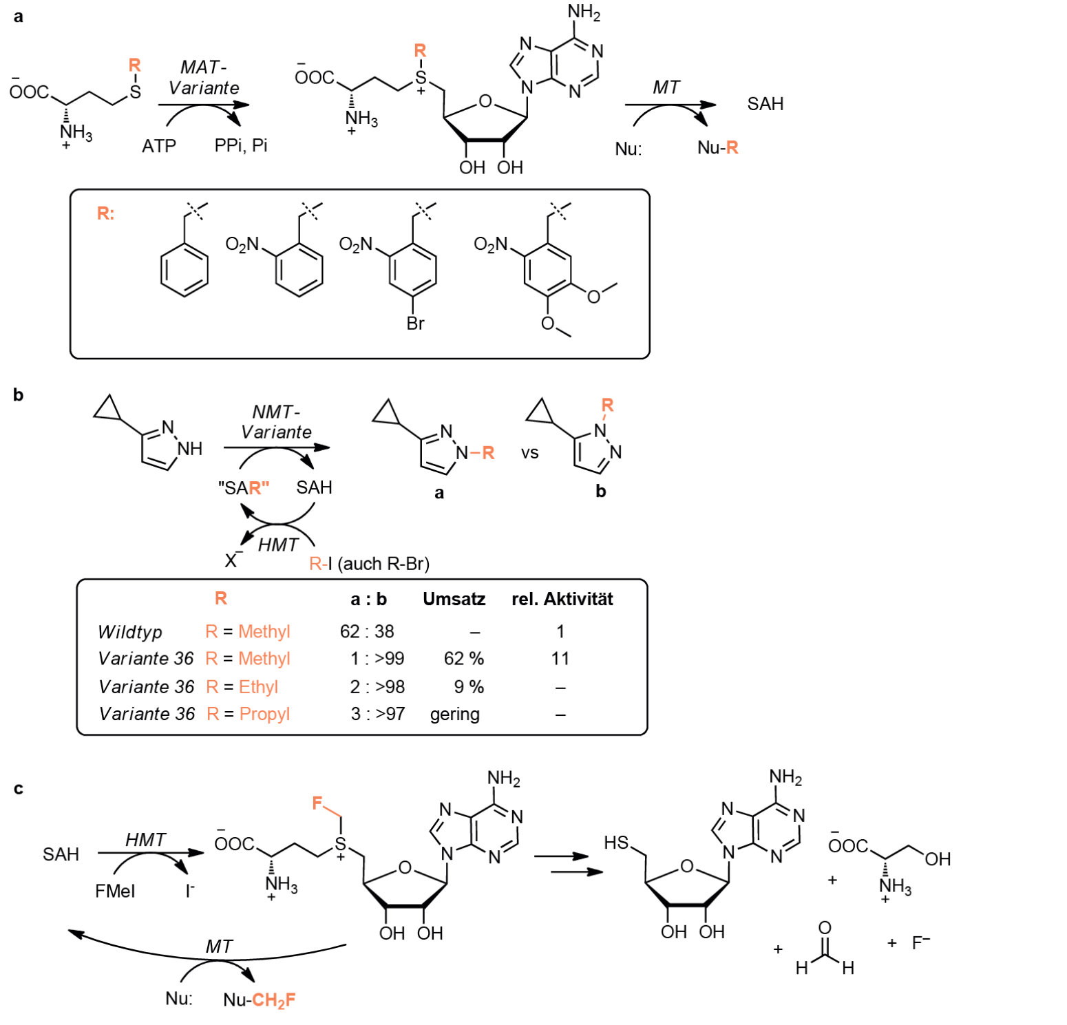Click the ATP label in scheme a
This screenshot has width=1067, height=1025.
coord(159,146)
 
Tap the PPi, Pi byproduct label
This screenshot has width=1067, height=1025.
coord(241,146)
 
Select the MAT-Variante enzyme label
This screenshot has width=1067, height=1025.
coord(204,78)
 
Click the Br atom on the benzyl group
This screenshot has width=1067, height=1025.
coord(415,323)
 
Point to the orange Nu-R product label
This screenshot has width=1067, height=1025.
coord(717,147)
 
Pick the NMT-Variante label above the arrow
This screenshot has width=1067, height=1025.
coord(276,422)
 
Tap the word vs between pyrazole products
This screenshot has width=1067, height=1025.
coord(529,454)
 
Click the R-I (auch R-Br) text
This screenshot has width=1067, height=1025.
coord(369,564)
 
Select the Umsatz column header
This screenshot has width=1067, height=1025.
coord(454,599)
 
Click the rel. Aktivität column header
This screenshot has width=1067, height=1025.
coord(562,599)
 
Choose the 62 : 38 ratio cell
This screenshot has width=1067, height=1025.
coord(367,631)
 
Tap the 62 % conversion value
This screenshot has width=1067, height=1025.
coord(463,659)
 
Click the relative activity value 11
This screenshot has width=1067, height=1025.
coord(560,659)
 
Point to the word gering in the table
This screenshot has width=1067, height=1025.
coord(454,715)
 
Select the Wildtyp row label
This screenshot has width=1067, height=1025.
coord(130,632)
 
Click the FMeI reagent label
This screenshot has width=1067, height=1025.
coord(115,891)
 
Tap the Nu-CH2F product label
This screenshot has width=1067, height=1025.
coord(260,1000)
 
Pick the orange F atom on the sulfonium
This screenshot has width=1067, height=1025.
coord(317,803)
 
